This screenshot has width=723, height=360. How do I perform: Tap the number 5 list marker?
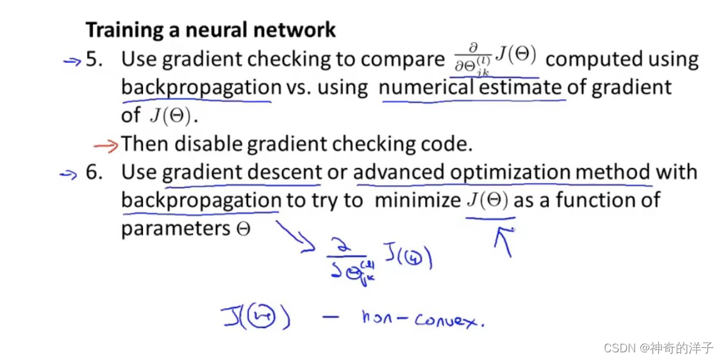click(x=94, y=60)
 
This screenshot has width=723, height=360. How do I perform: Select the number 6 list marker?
click(x=94, y=172)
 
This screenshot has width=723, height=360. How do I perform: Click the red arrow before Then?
click(x=106, y=145)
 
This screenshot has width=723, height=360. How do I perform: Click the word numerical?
click(x=422, y=87)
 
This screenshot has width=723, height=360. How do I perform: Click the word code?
click(x=449, y=144)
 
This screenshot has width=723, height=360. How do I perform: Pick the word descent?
click(x=283, y=172)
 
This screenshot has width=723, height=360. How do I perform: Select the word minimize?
click(x=417, y=200)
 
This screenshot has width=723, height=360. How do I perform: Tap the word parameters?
click(x=175, y=229)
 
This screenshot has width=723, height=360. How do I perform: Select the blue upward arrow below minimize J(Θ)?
click(x=503, y=241)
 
